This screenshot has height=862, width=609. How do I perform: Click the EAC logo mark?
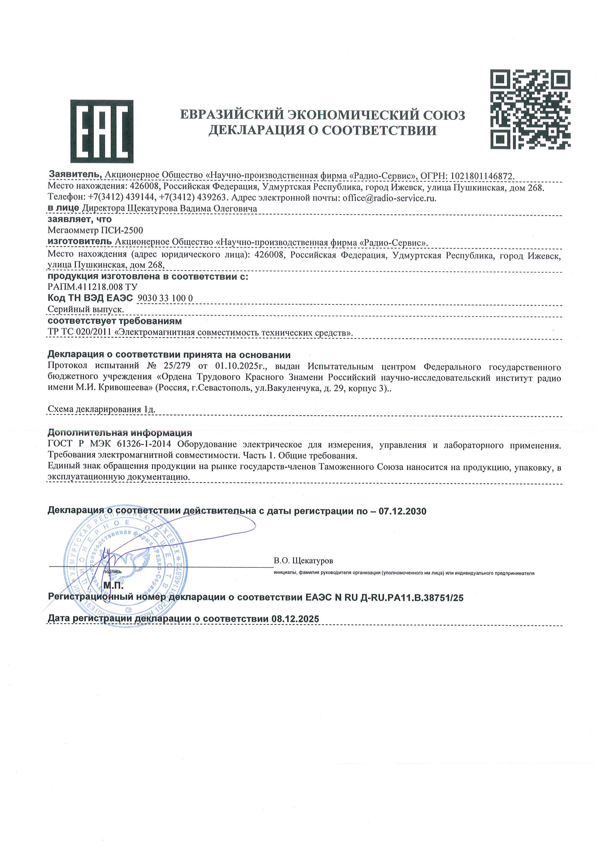(x=102, y=131)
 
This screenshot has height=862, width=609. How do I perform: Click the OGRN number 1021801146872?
(x=482, y=176)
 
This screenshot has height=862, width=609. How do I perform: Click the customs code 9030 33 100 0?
(x=165, y=298)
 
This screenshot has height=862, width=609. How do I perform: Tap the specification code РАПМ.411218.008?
(x=85, y=287)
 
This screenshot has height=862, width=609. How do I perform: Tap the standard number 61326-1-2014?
(x=144, y=444)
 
